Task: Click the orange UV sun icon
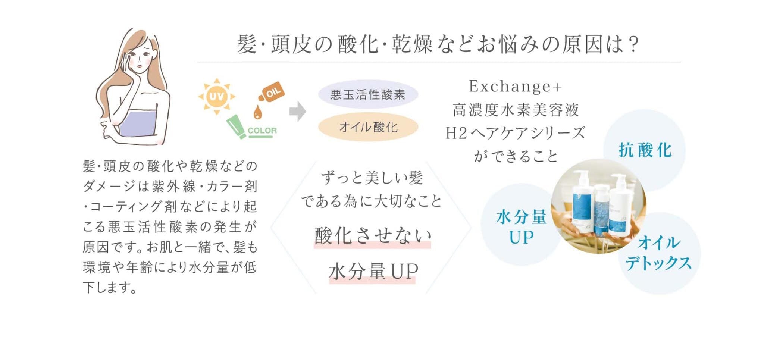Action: [x=217, y=97]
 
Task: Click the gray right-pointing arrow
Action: [x=298, y=111]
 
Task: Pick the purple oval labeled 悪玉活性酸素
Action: [x=368, y=94]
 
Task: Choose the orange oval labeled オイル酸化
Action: [x=368, y=127]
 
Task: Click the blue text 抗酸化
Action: [x=645, y=150]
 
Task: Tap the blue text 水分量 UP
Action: [x=521, y=227]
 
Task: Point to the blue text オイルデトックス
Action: [x=658, y=253]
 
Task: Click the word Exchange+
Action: [x=516, y=86]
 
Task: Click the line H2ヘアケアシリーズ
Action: [x=516, y=133]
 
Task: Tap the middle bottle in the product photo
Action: [x=601, y=211]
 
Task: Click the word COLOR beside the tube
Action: [x=262, y=131]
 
